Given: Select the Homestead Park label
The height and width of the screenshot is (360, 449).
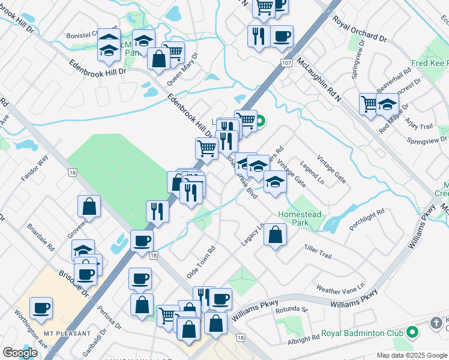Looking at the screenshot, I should coord(300,218).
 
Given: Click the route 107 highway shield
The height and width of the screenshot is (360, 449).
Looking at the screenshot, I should coord(286,62).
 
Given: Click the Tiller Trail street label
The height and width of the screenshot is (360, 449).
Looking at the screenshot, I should coord(318,251).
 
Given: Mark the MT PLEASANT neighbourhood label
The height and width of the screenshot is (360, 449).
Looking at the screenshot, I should coord(67,333).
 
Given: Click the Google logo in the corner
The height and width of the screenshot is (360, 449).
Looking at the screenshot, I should coord(20,353).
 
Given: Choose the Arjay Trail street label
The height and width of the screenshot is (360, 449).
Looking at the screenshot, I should coord(420,127).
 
